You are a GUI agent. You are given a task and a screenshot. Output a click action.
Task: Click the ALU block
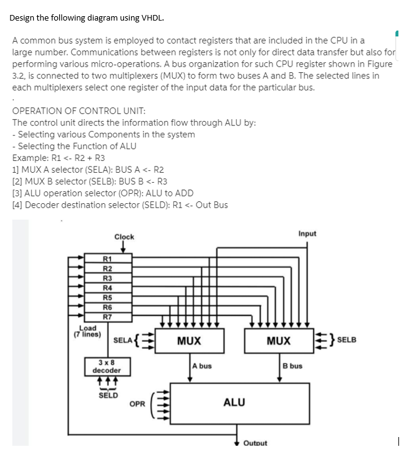pyautogui.click(x=233, y=403)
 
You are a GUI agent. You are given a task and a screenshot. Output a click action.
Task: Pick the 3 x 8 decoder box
pyautogui.click(x=107, y=366)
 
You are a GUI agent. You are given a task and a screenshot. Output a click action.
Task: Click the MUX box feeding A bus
pyautogui.click(x=188, y=341)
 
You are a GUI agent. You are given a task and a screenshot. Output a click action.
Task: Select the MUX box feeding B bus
pyautogui.click(x=278, y=341)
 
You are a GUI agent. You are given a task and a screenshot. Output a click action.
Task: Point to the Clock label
pyautogui.click(x=123, y=237)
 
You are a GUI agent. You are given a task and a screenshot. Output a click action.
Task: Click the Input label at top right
pyautogui.click(x=307, y=234)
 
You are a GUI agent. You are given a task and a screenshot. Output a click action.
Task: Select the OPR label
pyautogui.click(x=137, y=404)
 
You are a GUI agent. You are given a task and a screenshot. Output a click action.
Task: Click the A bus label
pyautogui.click(x=202, y=366)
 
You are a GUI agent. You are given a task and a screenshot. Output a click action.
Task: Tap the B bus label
pyautogui.click(x=292, y=366)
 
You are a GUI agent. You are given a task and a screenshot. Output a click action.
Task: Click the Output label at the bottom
pyautogui.click(x=255, y=443)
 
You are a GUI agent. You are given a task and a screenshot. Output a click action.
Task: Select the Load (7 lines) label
pyautogui.click(x=88, y=330)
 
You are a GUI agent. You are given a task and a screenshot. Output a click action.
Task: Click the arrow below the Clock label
pyautogui.click(x=123, y=248)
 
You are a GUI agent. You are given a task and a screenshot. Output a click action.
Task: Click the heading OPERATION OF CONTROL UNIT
pyautogui.click(x=79, y=111)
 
